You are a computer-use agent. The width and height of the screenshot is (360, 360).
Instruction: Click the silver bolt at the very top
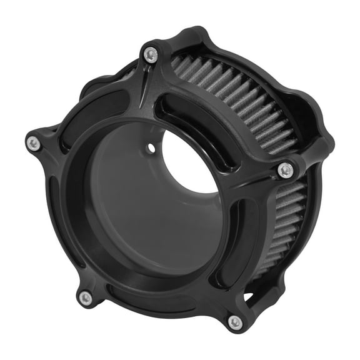(149, 56)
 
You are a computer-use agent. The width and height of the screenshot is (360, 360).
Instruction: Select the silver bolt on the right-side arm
(285, 169)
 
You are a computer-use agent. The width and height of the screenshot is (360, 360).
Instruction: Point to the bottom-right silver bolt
(234, 322)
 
